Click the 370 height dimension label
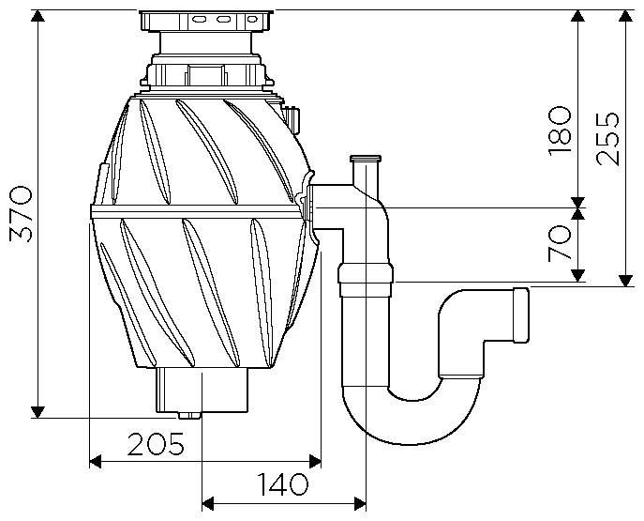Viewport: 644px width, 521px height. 21,213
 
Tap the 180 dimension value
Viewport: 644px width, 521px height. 559,130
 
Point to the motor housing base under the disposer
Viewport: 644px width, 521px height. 201,388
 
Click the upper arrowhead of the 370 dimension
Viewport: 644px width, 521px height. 37,19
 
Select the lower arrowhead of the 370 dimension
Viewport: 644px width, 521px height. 37,411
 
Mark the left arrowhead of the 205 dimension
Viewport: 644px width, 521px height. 95,461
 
